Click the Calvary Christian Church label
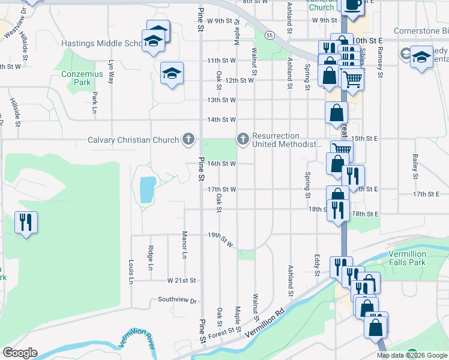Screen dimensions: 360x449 coord(133,140)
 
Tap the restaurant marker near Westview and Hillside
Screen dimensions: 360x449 coord(26,223)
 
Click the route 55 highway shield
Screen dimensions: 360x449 coord(271,36)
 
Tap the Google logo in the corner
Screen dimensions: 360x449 coord(20,353)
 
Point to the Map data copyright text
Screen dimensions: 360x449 coord(412,355)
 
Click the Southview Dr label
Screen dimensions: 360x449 coord(177,299)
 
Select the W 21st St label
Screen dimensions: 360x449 coord(182,280)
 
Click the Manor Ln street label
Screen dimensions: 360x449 coord(185,245)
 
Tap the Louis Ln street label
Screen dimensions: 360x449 coord(130,271)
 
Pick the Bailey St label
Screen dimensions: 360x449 coord(415,166)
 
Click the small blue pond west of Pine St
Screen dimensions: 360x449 coord(146,190)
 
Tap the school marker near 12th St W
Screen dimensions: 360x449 coord(172,74)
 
